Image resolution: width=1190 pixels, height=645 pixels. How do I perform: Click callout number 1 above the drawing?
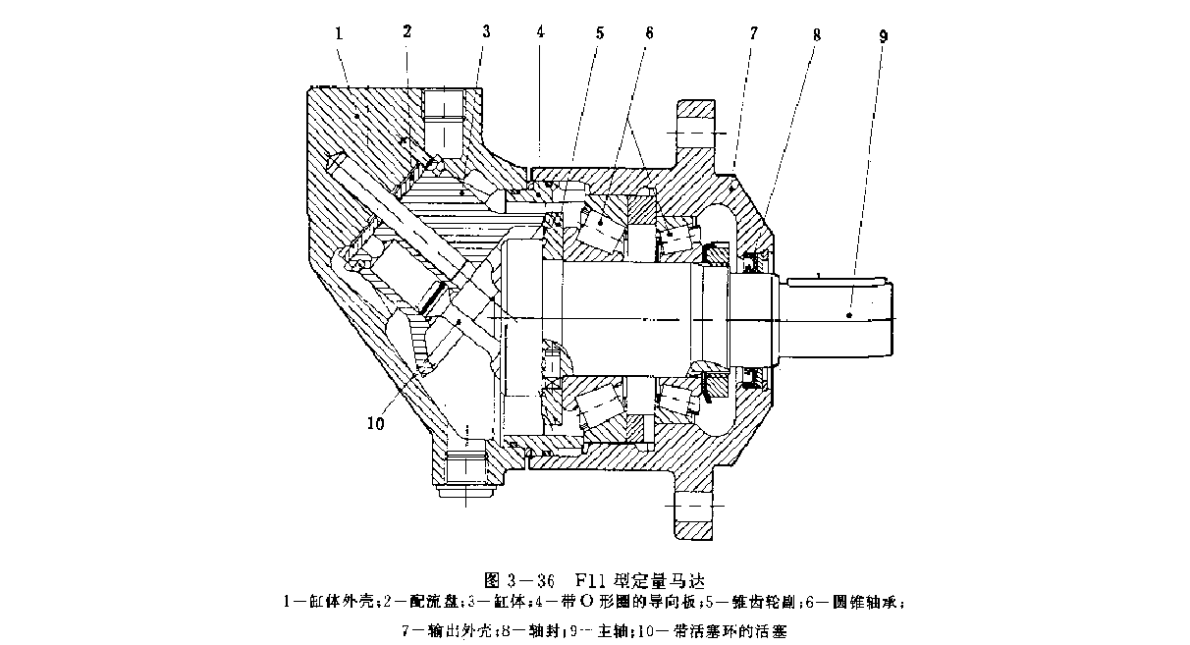pos(338,32)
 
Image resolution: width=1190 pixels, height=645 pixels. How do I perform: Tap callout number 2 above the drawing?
pos(406,31)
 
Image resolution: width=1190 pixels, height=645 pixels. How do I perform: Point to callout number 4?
pos(540,32)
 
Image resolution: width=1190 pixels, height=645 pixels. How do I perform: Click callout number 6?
pos(648,32)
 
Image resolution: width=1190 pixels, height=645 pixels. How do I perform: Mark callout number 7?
pos(753,32)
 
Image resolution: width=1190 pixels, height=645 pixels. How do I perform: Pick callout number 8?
pos(817,33)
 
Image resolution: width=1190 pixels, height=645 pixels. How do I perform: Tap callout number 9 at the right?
pos(884,35)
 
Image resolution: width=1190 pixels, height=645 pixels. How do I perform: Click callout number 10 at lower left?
pos(376,423)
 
